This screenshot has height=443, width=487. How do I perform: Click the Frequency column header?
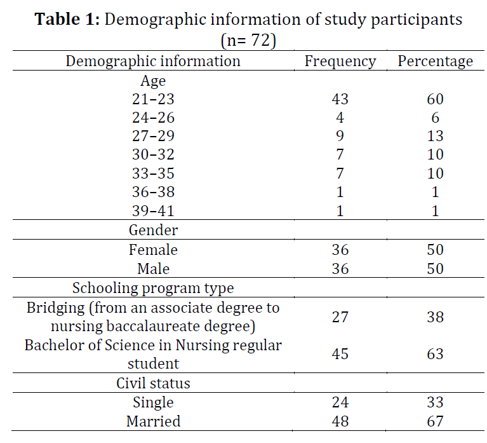tap(340, 61)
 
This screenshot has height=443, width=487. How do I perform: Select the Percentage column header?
tap(435, 61)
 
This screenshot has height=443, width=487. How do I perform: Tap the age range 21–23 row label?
tap(153, 99)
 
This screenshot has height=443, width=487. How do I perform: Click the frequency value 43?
tap(340, 99)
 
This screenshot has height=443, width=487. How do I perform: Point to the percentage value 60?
tap(435, 99)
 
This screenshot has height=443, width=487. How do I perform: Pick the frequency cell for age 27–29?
tap(340, 136)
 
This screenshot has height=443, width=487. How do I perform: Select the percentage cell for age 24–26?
tap(435, 118)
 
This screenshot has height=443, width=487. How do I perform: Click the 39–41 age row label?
tap(153, 211)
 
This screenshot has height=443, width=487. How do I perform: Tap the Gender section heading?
tap(153, 230)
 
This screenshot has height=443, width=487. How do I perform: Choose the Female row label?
tap(153, 250)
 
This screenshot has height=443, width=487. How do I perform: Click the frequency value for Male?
tap(340, 269)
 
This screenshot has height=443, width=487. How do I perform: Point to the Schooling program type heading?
tap(153, 288)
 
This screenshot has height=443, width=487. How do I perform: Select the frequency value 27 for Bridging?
tap(340, 317)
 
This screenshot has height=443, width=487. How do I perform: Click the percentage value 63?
tap(435, 354)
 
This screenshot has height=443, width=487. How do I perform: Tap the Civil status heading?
tap(153, 383)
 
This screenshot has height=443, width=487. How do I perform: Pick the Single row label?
tap(153, 402)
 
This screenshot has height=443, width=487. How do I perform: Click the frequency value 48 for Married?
tap(340, 421)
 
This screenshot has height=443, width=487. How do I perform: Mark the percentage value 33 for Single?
tap(435, 402)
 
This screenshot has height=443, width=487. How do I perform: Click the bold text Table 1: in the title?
tap(67, 19)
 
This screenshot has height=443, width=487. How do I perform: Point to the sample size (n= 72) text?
tap(248, 40)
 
